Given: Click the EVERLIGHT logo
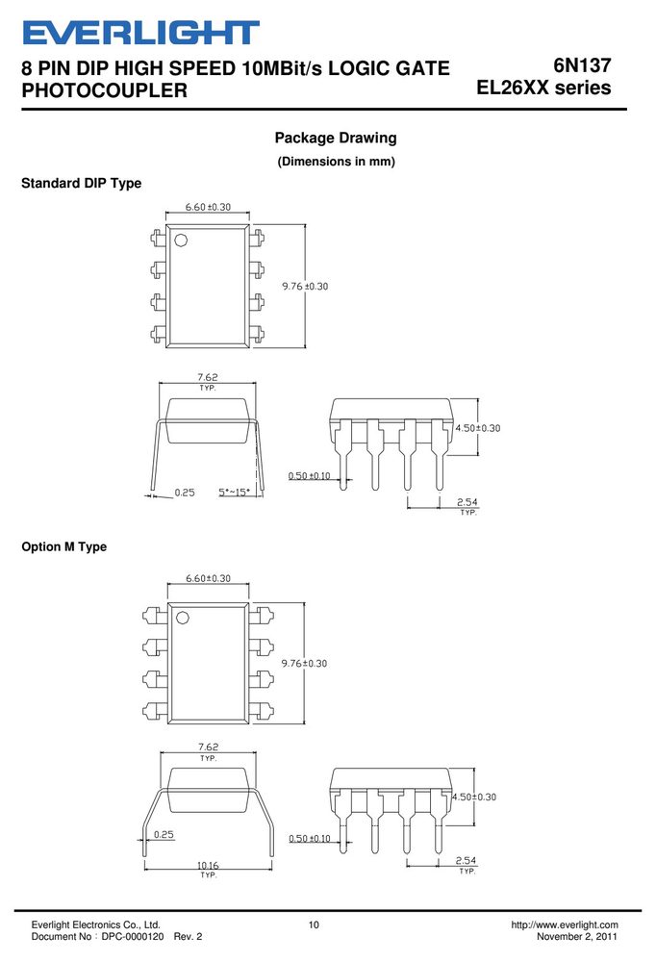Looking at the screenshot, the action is point(140,33).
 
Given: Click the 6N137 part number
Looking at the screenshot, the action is point(582,65).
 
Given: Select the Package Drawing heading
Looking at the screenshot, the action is point(336,138).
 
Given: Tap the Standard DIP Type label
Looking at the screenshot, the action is point(81,183).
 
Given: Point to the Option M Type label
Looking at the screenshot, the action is point(63,546).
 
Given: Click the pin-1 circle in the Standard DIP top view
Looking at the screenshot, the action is point(181,240).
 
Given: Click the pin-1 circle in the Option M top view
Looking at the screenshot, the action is point(182,618).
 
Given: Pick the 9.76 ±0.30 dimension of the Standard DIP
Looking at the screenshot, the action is point(305,286).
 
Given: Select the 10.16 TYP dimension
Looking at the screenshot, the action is point(208,870).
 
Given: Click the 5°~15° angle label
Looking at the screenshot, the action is point(234,492).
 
